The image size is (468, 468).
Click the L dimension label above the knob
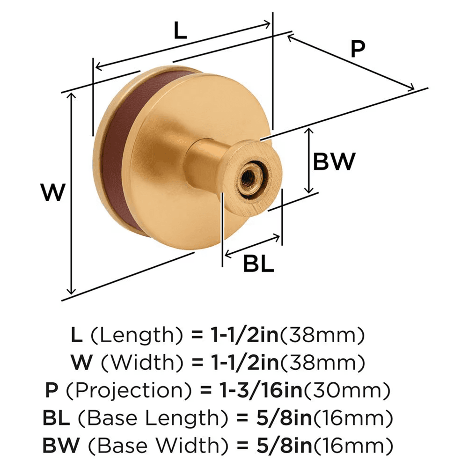click(180, 32)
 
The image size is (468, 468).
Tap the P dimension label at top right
click(357, 49)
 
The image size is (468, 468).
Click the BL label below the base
click(258, 265)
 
